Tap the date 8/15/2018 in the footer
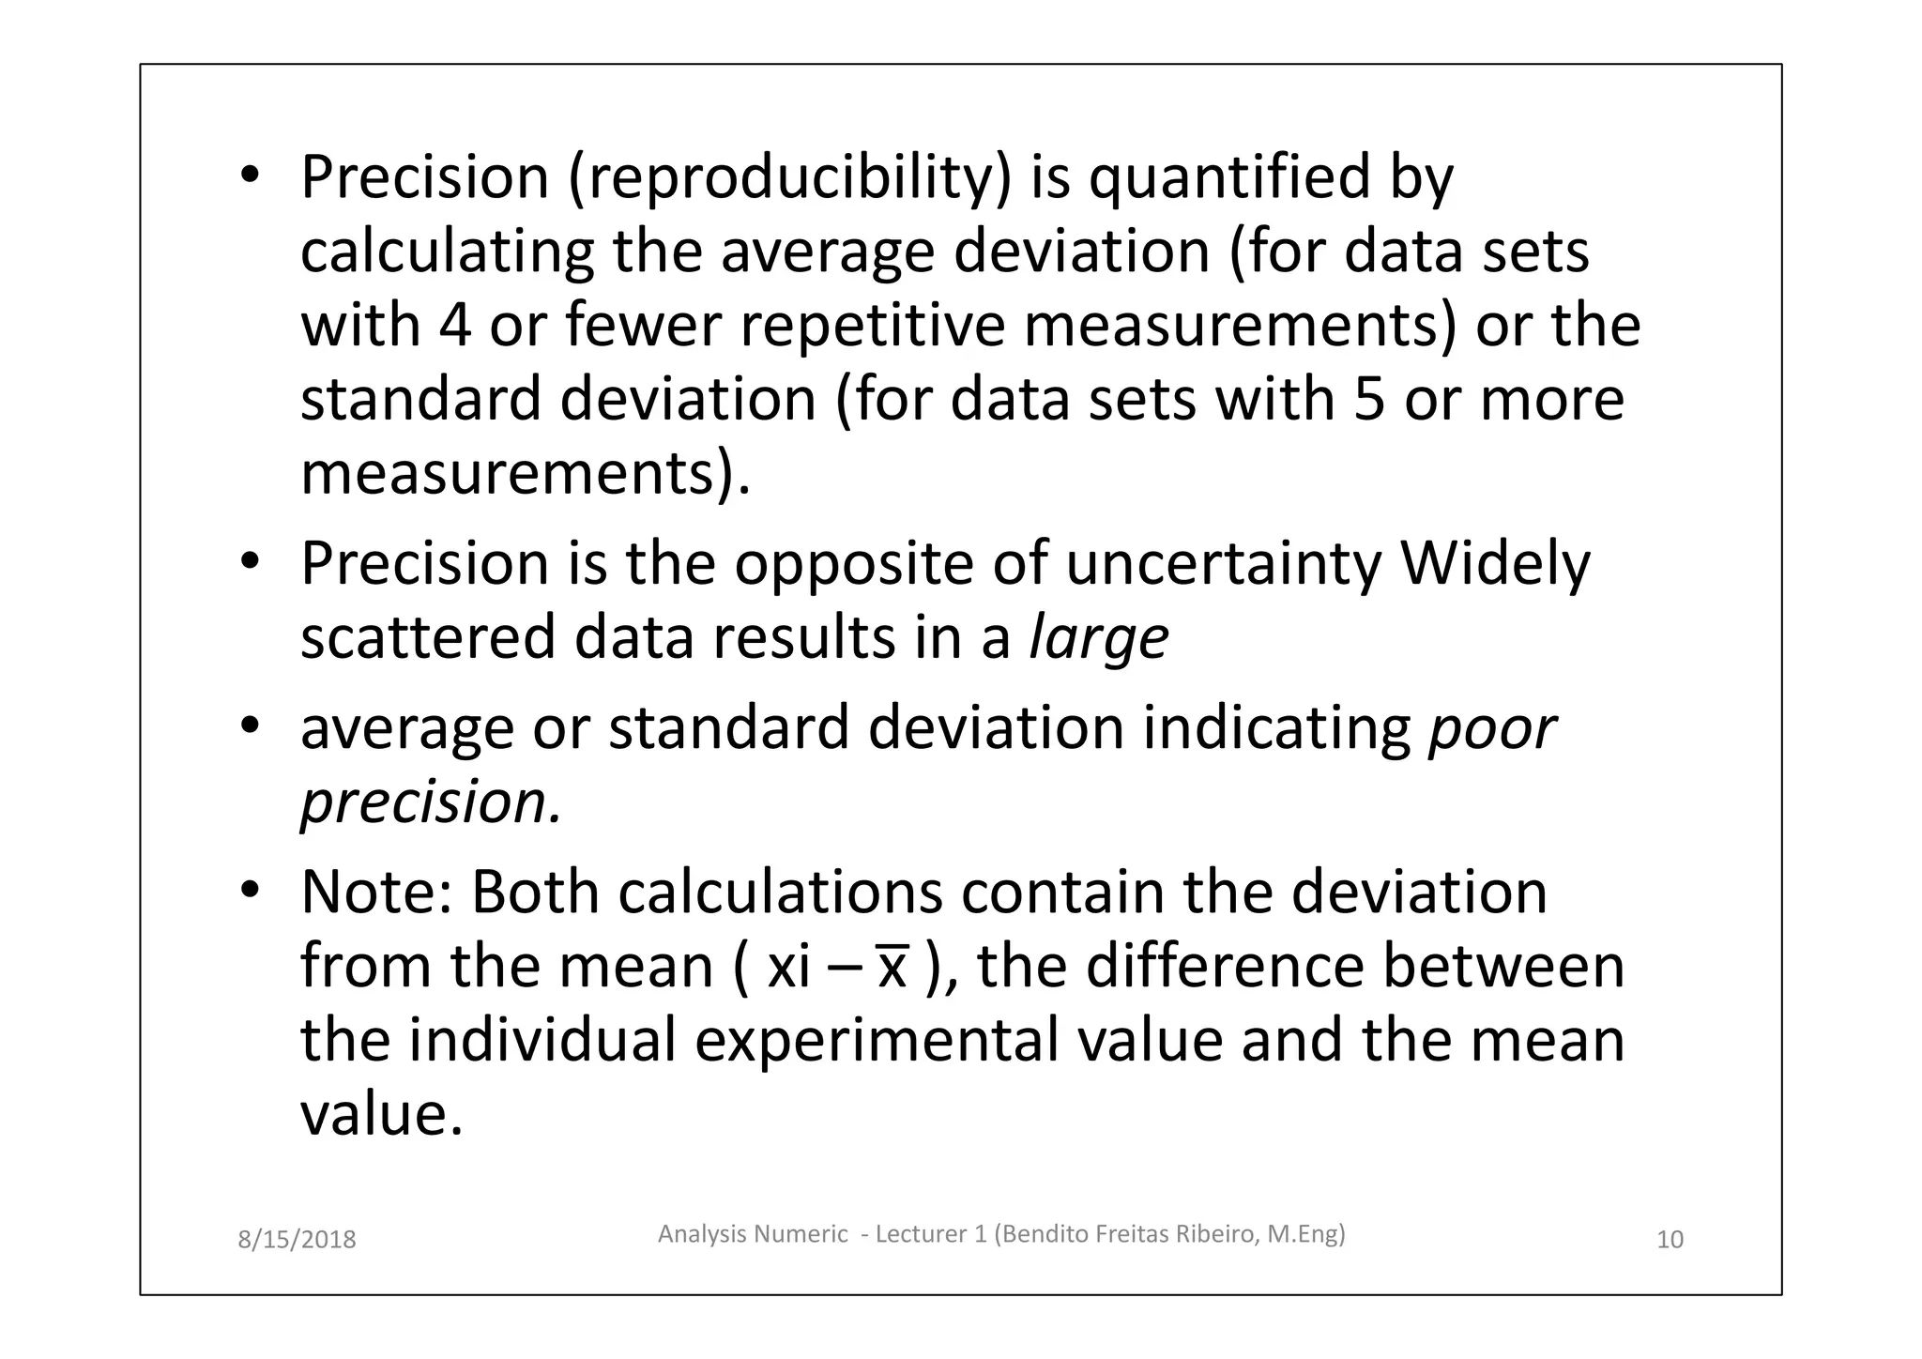(297, 1240)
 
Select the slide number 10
(1670, 1240)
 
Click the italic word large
(1099, 639)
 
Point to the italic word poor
(1492, 729)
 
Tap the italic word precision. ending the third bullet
(431, 803)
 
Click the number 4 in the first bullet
(454, 326)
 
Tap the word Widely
(1495, 564)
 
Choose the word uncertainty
(1224, 564)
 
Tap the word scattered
(427, 639)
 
